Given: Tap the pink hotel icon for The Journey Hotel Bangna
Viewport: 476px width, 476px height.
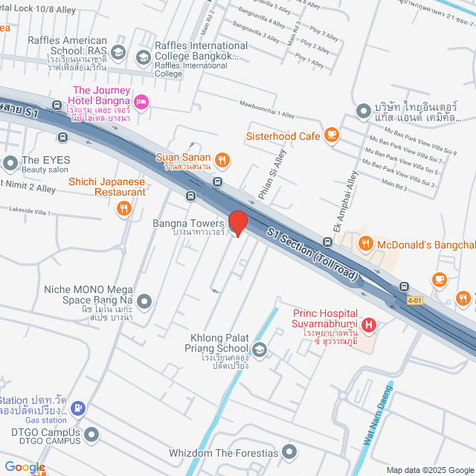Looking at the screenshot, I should coord(141,101).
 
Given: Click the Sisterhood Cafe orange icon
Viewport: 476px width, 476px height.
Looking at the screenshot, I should coord(332,135).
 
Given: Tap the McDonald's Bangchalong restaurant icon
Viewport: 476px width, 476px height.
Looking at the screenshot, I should coord(365,242).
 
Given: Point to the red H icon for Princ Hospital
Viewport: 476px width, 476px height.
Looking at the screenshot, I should coord(368,324).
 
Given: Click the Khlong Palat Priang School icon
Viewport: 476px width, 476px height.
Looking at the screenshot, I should coord(259,349).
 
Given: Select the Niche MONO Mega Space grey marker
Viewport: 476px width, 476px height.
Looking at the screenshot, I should coord(144,301).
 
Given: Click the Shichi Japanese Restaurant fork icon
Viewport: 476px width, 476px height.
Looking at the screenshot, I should coord(123,210).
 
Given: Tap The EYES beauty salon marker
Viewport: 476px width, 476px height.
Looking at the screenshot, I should coord(10,161).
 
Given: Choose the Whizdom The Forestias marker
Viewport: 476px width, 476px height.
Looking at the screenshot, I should coord(290,451).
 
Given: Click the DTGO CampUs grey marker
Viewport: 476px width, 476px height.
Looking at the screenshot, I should coord(91,433).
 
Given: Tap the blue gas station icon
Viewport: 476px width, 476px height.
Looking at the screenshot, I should coord(78,408).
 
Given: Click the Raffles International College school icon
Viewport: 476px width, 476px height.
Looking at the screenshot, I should coord(142,56).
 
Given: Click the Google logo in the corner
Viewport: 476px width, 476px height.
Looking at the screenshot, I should coord(24,466).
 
